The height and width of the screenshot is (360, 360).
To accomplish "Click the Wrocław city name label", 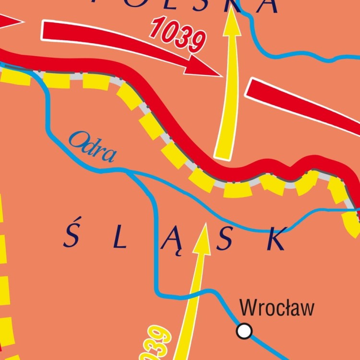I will click(277, 308).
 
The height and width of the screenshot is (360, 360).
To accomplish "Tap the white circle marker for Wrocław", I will click(244, 331).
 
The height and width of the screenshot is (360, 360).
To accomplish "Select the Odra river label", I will click(93, 147).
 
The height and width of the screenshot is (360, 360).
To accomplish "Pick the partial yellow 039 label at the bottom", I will click(154, 343).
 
